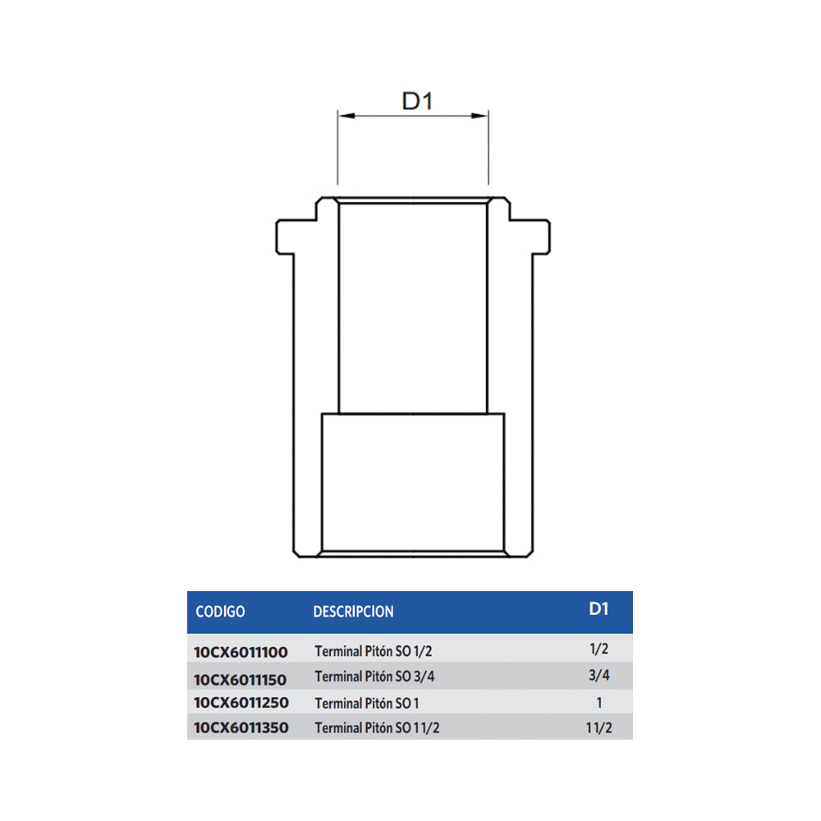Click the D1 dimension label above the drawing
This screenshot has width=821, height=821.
click(417, 101)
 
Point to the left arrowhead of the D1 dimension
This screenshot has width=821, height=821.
click(346, 116)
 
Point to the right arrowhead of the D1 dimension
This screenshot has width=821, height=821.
click(479, 116)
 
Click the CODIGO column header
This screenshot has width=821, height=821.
click(220, 612)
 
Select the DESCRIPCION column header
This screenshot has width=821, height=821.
click(353, 612)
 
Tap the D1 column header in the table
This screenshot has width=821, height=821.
click(599, 608)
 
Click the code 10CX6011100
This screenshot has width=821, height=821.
click(241, 653)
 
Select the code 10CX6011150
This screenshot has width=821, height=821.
click(241, 680)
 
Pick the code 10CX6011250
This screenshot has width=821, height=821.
click(241, 703)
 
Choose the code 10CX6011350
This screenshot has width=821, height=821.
click(241, 727)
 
